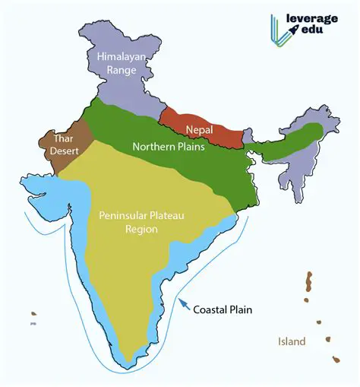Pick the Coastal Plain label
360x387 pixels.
pos(223,309)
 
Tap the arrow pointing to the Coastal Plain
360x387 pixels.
pos(182,305)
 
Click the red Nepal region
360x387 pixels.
pos(199,122)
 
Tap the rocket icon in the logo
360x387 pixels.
pos(295,30)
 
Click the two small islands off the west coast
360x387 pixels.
pos(33,318)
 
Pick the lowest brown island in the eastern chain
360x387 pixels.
pos(334,362)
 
